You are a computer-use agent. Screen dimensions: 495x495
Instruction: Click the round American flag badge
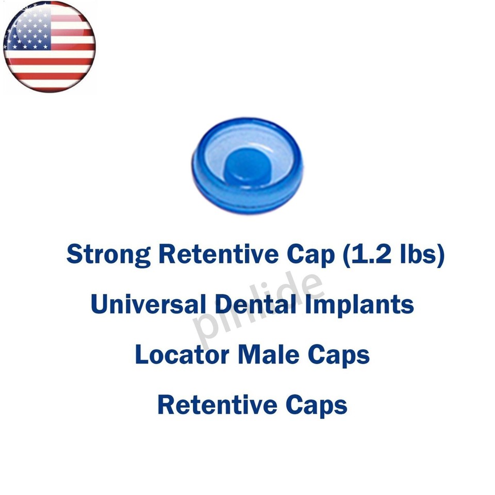click(49, 47)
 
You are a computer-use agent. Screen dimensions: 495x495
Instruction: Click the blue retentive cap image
click(247, 164)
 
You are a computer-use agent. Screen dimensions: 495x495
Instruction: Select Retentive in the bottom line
click(217, 405)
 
